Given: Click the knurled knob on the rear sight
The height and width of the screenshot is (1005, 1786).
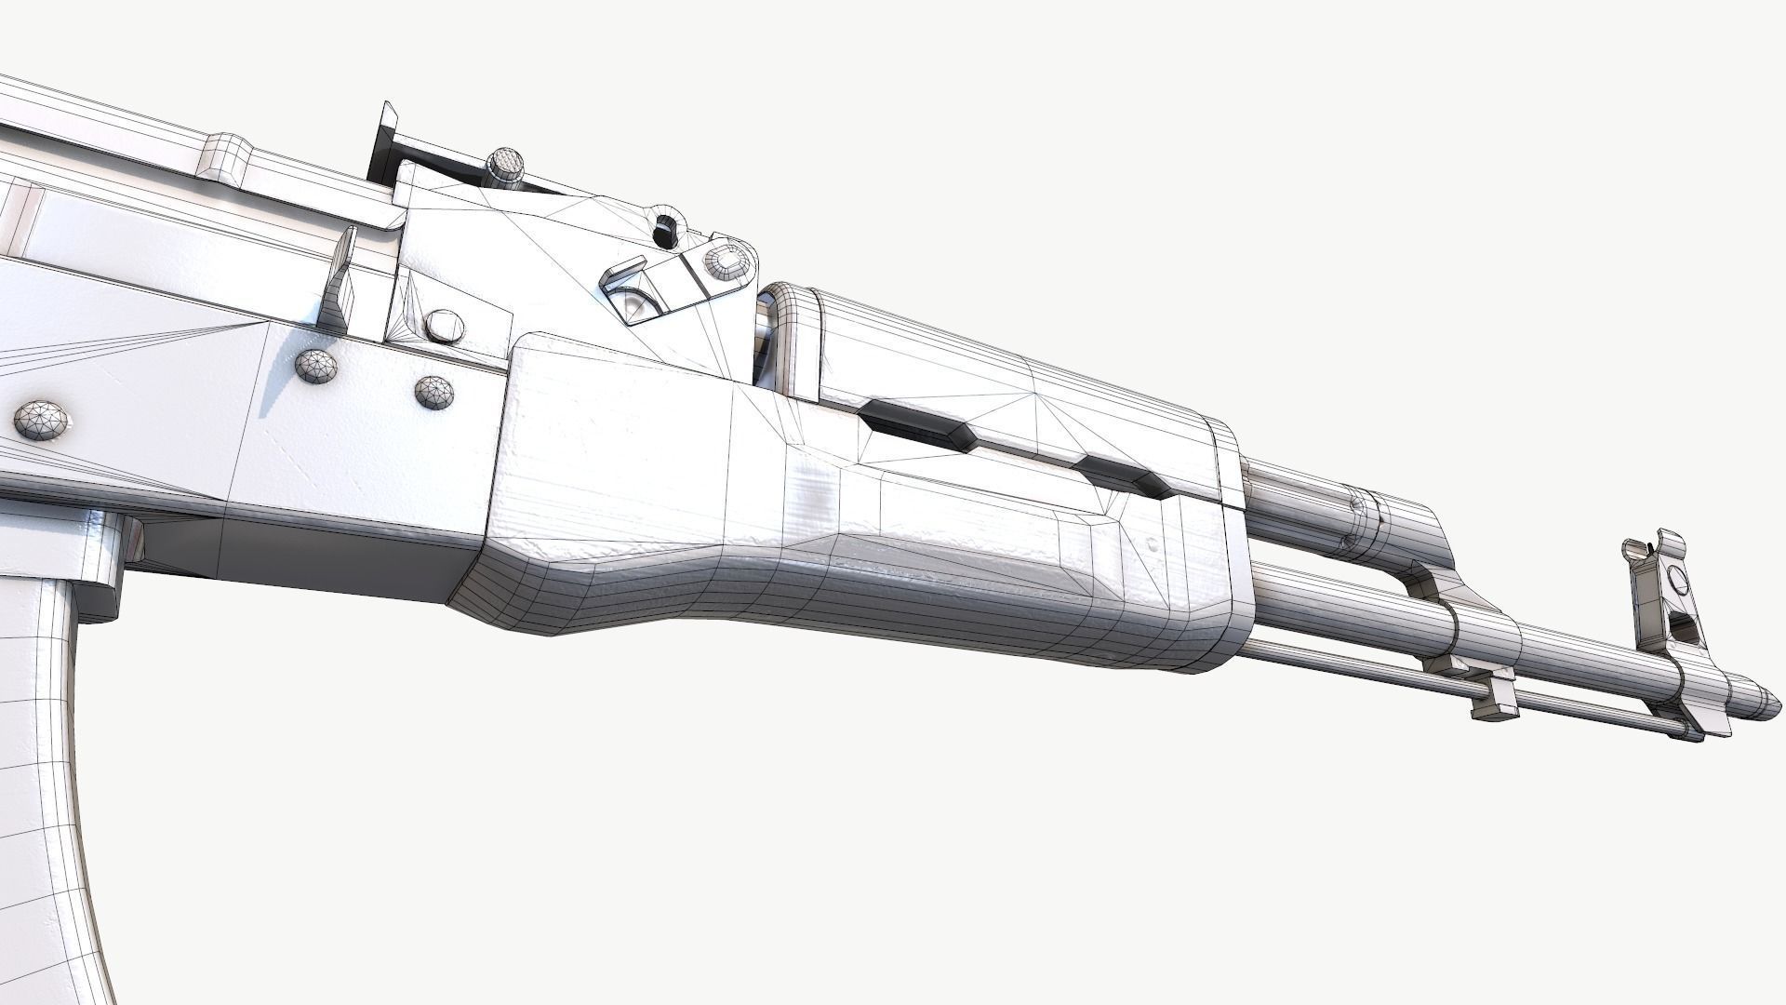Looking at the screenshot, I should tap(508, 164).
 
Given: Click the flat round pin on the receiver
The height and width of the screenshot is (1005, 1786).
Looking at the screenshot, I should tap(444, 325).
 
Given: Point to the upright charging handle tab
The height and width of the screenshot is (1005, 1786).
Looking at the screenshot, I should tap(342, 277).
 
